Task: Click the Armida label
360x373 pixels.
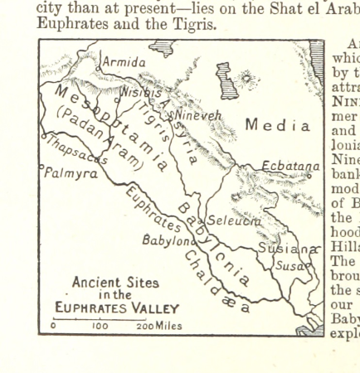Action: click(x=124, y=62)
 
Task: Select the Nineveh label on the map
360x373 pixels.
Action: click(x=197, y=117)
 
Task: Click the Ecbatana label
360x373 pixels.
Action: click(x=289, y=167)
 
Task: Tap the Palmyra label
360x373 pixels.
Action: click(x=71, y=174)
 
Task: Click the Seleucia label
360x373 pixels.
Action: click(x=235, y=221)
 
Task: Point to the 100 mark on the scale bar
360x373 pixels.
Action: click(x=100, y=326)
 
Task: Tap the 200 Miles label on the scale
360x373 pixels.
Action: click(x=158, y=326)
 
